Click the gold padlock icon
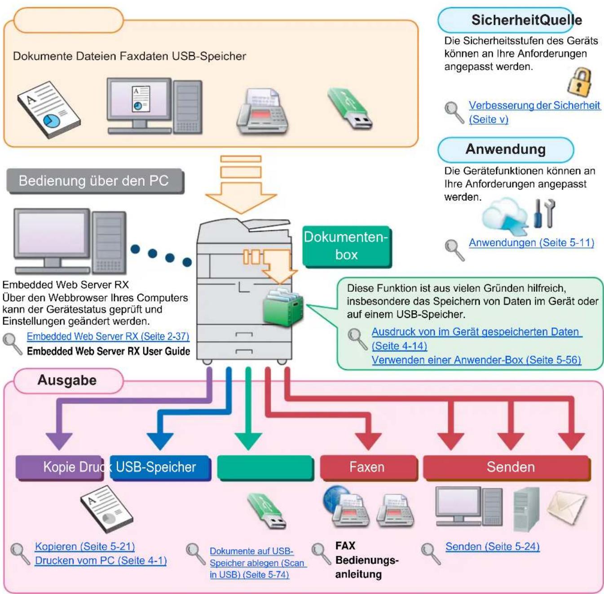580,82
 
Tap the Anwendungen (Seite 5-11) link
531,242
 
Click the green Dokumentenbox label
346,246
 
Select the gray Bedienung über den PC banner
95,181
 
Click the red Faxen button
368,467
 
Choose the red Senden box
507,467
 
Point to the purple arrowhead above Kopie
59,441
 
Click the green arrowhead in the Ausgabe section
248,441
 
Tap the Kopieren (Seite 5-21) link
85,546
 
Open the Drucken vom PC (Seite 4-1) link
101,560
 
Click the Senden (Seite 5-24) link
493,546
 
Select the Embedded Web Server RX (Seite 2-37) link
108,336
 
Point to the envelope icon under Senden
567,506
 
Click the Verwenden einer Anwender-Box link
476,360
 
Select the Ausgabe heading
67,380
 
